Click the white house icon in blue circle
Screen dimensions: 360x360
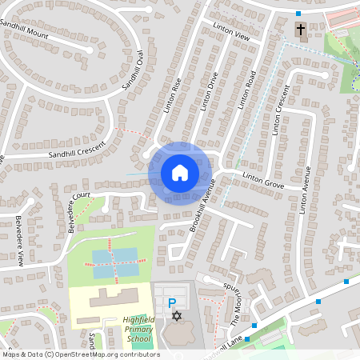pos(180,172)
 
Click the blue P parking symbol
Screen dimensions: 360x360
pos(171,303)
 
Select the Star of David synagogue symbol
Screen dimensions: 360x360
pos(177,318)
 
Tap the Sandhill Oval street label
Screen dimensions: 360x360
pos(132,73)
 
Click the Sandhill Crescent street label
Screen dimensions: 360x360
pos(76,149)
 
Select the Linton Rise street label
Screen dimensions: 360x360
pos(173,94)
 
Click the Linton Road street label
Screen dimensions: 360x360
pos(246,90)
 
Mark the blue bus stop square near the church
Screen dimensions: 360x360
pos(298,14)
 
